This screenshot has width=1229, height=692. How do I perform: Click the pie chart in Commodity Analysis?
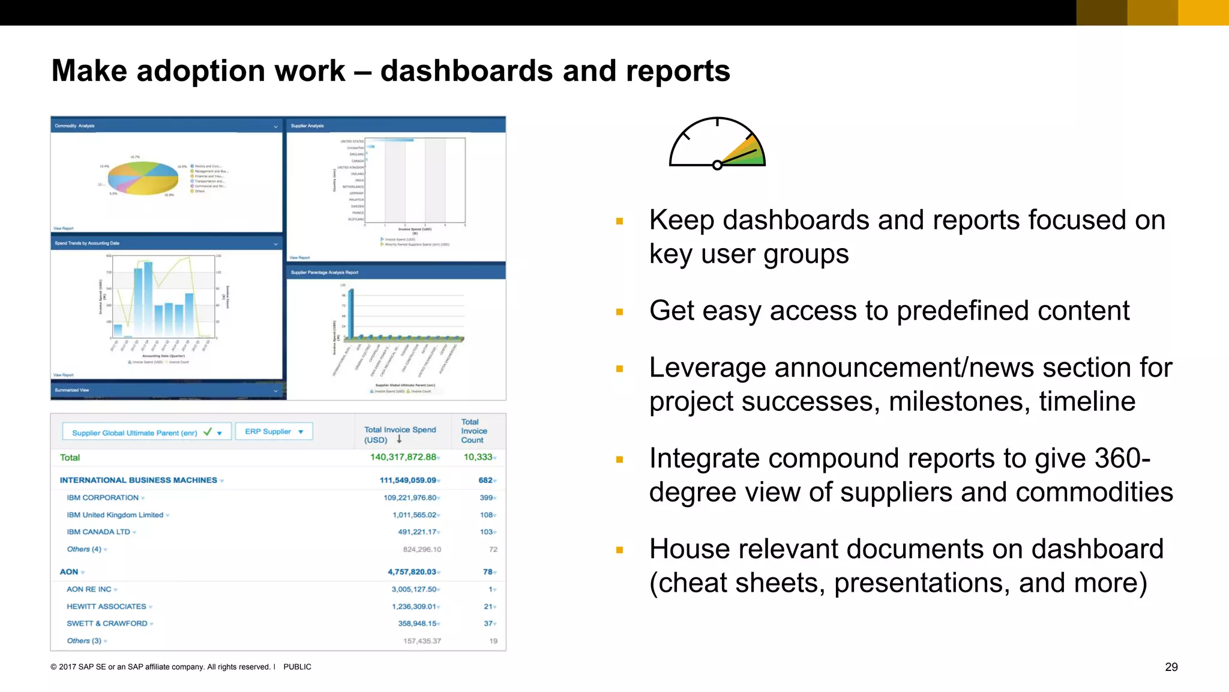pos(143,178)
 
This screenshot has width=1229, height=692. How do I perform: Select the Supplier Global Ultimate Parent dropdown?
pos(146,432)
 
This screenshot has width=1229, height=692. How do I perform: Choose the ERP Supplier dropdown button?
pos(274,431)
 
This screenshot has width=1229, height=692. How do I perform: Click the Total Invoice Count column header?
pos(473,431)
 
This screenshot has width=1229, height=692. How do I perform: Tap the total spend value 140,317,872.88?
pos(403,457)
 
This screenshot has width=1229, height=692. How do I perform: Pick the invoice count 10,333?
pos(478,457)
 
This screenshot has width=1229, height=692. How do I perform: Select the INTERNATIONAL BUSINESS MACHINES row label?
pos(138,480)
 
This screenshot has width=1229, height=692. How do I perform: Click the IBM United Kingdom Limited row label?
pos(115,515)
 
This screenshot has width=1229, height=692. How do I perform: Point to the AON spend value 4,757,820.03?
pos(412,572)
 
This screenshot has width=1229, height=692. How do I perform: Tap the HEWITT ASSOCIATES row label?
pos(106,607)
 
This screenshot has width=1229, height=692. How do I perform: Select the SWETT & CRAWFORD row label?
pos(107,624)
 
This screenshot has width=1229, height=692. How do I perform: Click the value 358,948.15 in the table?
pos(417,624)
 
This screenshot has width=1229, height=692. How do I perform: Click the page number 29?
pos(1171,667)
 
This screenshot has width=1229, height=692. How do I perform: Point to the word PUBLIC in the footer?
pos(297,667)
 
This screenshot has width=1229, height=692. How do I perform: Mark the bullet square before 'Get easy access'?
pos(619,312)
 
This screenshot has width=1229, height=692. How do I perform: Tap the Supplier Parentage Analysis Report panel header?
pos(325,273)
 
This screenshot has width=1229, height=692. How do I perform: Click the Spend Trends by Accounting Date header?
pos(87,243)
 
